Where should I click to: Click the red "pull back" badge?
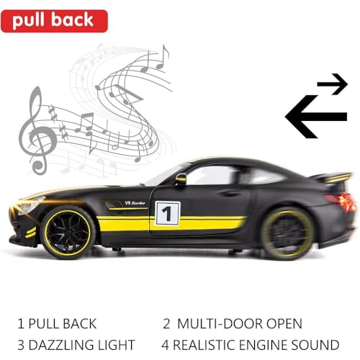pos(54,21)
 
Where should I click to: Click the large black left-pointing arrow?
pos(316,117)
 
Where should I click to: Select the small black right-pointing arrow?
pos(333,84)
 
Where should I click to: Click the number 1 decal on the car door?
pos(167,213)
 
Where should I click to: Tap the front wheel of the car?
pos(68,233)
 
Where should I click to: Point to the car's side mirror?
pos(181,179)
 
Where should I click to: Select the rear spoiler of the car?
pos(333,177)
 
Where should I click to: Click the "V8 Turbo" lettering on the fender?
pos(135,203)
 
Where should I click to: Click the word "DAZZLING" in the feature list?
pos(61,345)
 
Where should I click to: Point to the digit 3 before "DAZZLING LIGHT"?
pos(21,345)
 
